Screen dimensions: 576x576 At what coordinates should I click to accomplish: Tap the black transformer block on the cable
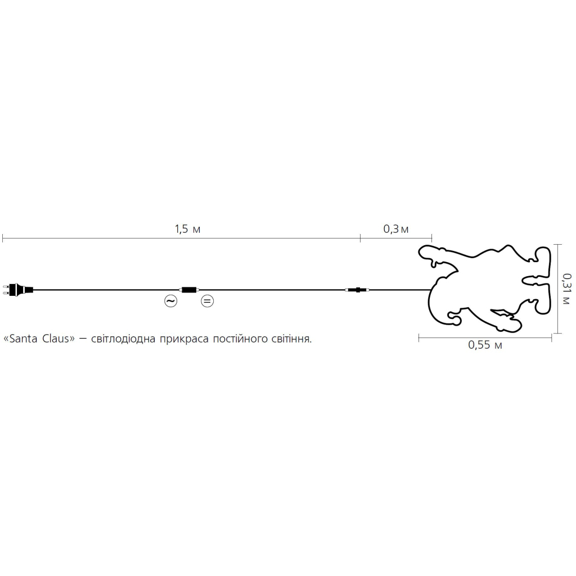tap(189, 290)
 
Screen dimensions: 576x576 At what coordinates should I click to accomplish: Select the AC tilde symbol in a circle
tap(171, 301)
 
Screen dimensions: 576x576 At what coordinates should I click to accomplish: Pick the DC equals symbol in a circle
tap(207, 301)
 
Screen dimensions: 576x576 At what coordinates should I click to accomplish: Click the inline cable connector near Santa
tap(357, 290)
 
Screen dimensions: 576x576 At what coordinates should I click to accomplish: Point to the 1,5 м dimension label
tap(187, 229)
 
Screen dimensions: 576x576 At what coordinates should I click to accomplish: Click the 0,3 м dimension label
tap(395, 229)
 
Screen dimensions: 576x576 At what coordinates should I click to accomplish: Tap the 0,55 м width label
tap(485, 345)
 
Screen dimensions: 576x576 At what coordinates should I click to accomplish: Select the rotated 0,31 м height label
tap(566, 289)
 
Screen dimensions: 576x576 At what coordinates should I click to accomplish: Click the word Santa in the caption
tap(23, 339)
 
